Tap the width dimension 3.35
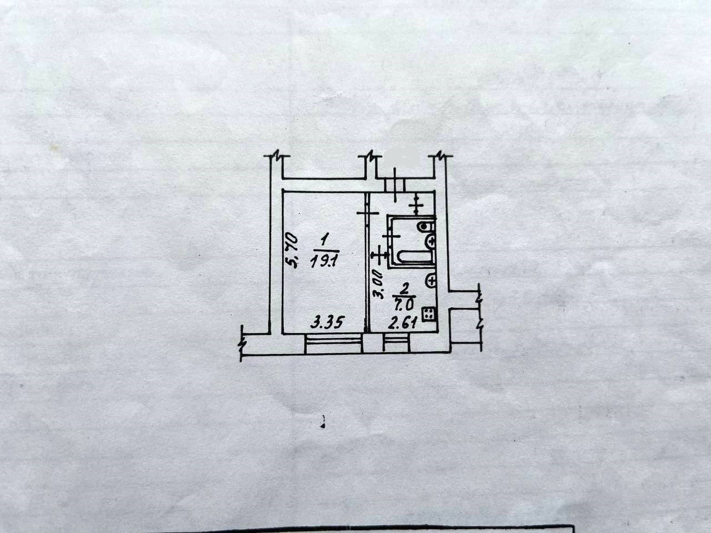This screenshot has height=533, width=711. [x=324, y=322]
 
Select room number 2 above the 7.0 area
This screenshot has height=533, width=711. [x=404, y=288]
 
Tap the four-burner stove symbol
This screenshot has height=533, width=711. [x=429, y=314]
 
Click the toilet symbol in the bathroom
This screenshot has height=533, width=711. [x=427, y=227]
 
